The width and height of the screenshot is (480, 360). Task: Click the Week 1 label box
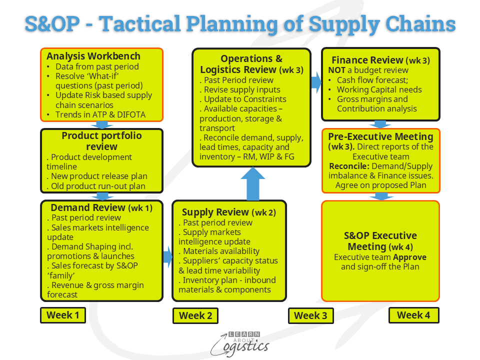62,315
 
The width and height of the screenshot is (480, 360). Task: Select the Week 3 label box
310,315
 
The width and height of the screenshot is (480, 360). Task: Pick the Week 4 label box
413,315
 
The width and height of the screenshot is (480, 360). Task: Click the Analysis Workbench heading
93,56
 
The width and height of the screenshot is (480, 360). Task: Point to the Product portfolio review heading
101,141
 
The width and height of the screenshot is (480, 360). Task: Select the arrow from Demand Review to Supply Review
167,257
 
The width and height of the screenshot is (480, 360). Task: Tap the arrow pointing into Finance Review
316,82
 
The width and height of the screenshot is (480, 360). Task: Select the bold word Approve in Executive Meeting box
409,257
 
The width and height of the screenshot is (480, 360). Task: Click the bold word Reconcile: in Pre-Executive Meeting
348,166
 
